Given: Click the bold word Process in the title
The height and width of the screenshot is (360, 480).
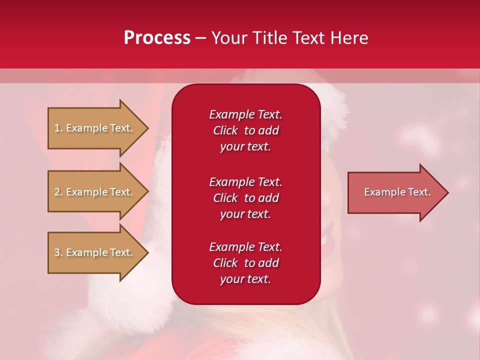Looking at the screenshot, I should [x=157, y=38].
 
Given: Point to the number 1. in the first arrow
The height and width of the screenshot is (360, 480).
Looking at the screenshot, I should [x=58, y=128].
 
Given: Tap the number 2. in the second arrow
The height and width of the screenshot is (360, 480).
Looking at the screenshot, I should [x=58, y=192].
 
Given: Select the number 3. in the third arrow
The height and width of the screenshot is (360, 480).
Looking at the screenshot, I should [x=58, y=252].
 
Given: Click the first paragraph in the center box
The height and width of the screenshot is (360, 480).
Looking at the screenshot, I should [x=245, y=130].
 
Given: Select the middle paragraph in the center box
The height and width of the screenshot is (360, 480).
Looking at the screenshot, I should [x=245, y=198].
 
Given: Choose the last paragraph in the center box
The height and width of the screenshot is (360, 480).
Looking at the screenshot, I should [x=245, y=263].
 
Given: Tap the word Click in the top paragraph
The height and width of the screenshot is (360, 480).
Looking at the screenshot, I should [x=225, y=130].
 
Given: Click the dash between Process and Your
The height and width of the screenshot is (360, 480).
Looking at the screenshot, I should [x=200, y=38].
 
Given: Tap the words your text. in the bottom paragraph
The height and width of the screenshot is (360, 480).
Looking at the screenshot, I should [x=245, y=279].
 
